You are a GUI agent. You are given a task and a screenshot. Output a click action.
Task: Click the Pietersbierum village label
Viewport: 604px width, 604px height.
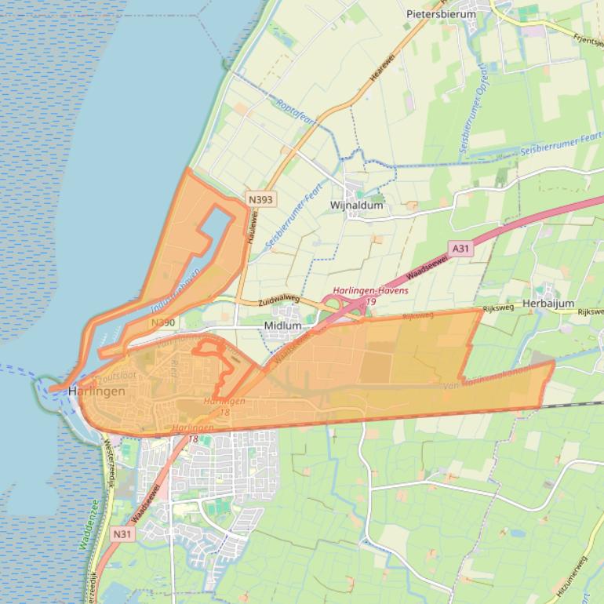pos(441,13)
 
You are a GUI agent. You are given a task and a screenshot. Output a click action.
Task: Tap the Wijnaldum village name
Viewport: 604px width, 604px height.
pos(357,206)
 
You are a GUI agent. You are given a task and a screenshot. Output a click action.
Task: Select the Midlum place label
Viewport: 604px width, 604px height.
pos(283,325)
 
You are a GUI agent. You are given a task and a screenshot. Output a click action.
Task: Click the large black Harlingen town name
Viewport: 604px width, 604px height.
pos(96,391)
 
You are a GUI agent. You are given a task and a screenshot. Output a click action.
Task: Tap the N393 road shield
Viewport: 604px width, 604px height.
pos(260,200)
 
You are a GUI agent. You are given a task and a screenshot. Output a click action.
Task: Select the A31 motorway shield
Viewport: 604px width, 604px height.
pos(460,249)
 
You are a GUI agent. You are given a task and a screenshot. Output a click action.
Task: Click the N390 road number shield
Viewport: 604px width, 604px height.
pos(163,322)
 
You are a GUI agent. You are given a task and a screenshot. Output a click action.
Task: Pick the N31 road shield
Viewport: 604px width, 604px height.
pos(122,533)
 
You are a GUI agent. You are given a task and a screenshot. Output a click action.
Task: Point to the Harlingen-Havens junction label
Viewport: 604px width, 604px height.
pos(370,291)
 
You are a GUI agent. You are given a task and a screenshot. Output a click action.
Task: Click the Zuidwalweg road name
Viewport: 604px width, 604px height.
pos(279,300)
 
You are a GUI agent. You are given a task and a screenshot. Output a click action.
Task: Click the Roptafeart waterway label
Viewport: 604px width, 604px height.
pos(296,111)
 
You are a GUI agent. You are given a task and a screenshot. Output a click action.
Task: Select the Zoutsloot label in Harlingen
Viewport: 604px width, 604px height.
pos(118,377)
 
